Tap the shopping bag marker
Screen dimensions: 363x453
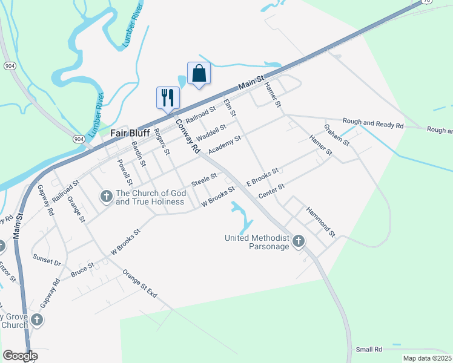(x=199, y=74)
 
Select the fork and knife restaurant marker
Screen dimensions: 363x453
(x=168, y=97)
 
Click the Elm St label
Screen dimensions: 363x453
(x=230, y=108)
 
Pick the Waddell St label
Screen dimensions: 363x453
(x=211, y=131)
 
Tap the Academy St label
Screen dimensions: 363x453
(x=225, y=145)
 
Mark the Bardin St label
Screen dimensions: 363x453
(x=139, y=154)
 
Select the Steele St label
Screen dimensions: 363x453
(x=204, y=180)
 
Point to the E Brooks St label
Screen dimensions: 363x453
(x=262, y=177)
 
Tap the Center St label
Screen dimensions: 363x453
(x=271, y=191)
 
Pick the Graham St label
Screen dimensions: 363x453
(x=336, y=135)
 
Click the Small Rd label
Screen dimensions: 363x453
(x=369, y=350)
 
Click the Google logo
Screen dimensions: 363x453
(x=19, y=356)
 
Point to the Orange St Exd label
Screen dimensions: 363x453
(x=139, y=284)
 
